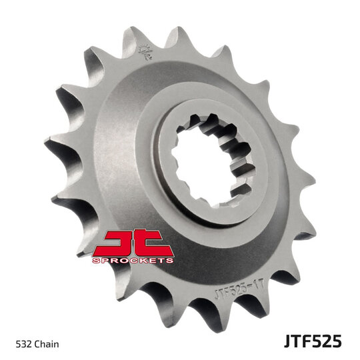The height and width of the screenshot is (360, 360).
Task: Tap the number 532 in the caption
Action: coord(23,344)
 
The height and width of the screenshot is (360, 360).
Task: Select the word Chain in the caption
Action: coord(47,344)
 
